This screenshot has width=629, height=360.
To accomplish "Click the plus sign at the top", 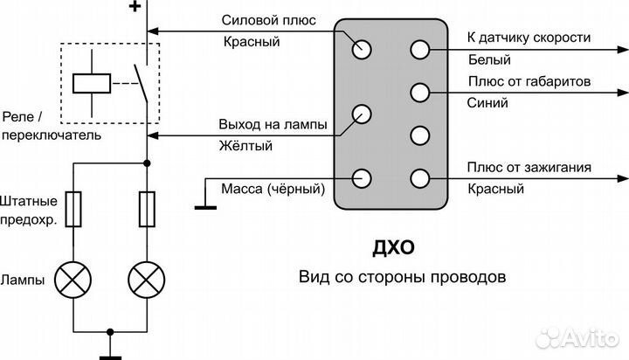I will (135, 8).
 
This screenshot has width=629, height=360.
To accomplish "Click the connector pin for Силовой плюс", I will (362, 49).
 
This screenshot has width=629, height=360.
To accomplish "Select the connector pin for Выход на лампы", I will (362, 114).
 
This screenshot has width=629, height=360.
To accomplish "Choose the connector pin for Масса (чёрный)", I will (362, 177).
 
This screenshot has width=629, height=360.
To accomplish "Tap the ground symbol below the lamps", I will (109, 353).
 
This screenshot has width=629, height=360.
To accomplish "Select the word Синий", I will (485, 102).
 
